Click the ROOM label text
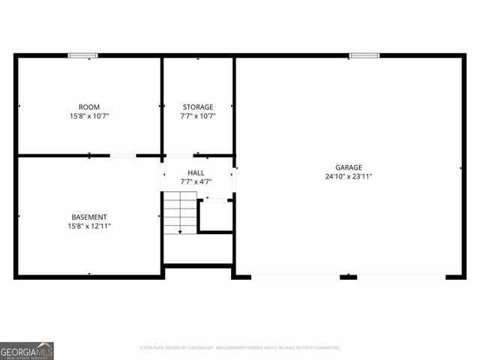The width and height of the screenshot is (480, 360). click(x=89, y=107)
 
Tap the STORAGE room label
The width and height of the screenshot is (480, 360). click(x=197, y=107)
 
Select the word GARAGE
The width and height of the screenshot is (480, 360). click(x=349, y=167)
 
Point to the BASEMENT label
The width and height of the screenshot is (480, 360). click(x=89, y=217)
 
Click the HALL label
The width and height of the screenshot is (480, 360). click(x=196, y=172)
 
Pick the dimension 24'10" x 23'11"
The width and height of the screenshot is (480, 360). click(x=349, y=176)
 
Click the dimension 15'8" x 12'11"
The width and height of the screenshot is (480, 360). click(x=89, y=226)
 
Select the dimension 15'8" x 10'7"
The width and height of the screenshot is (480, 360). click(x=89, y=116)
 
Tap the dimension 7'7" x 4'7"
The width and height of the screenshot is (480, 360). click(x=196, y=181)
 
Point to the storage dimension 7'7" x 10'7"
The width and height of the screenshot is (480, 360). click(x=197, y=116)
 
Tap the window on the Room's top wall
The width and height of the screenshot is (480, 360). click(x=83, y=55)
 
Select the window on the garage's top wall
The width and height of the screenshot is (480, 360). click(x=364, y=55)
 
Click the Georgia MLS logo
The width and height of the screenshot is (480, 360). click(x=27, y=350)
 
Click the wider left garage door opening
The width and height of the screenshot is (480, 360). click(x=295, y=277)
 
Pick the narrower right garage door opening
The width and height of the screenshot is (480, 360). click(x=400, y=277)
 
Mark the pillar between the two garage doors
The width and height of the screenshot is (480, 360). click(x=348, y=277)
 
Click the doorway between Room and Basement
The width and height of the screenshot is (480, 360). click(x=123, y=155)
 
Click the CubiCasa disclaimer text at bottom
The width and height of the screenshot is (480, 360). click(x=240, y=348)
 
